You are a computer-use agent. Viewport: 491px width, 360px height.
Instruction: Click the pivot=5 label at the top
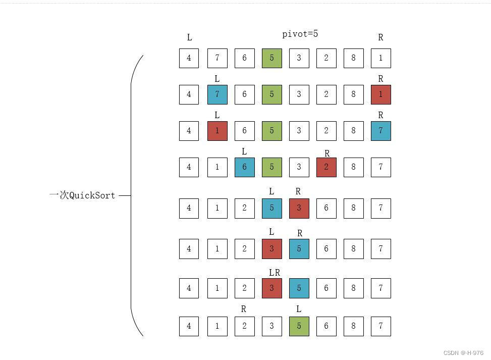click(x=300, y=34)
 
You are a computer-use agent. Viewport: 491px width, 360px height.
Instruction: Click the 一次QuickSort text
click(x=82, y=195)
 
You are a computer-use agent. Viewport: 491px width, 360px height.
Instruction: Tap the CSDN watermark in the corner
click(x=463, y=353)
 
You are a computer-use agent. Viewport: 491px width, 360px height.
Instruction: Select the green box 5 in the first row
click(x=271, y=58)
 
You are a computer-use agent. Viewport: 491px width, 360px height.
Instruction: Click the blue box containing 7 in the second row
click(x=217, y=94)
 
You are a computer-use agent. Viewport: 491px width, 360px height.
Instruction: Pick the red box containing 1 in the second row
click(x=380, y=94)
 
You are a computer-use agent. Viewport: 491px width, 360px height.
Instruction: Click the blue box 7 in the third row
click(x=380, y=131)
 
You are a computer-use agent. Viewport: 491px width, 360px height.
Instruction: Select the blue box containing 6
click(x=244, y=167)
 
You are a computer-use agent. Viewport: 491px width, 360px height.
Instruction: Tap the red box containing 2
click(x=326, y=167)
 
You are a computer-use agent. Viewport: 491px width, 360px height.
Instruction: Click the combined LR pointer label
click(x=274, y=273)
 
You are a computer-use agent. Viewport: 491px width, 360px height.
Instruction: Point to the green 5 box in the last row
click(x=299, y=326)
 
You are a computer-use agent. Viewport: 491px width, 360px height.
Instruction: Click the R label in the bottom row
click(x=244, y=309)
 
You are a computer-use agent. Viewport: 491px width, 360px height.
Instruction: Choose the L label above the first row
click(x=189, y=37)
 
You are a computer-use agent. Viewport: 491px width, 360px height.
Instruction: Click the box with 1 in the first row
click(x=380, y=58)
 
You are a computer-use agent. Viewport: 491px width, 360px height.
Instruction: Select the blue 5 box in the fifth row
click(x=271, y=208)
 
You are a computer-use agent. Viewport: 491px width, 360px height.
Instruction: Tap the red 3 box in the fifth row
click(x=299, y=208)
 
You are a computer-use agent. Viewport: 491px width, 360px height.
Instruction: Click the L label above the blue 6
click(x=244, y=151)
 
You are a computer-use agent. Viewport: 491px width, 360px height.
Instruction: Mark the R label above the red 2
click(x=327, y=153)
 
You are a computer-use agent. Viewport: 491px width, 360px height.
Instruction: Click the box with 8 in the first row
click(x=353, y=58)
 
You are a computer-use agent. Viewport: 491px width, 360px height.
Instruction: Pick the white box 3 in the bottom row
click(x=271, y=326)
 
